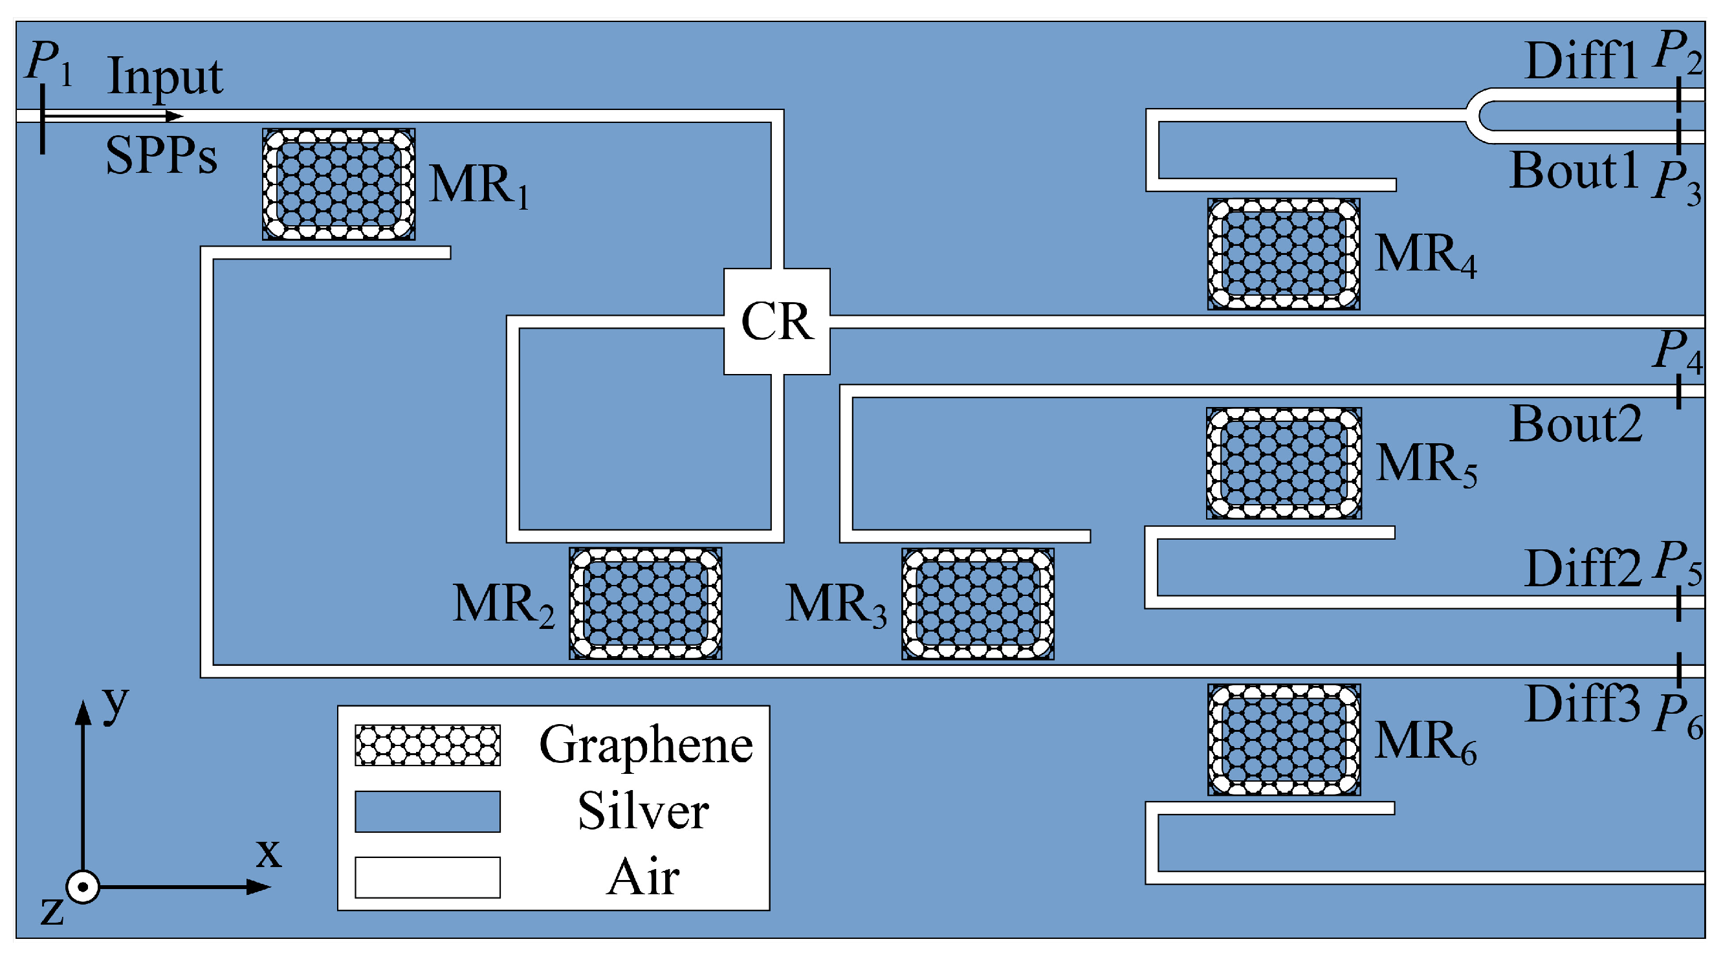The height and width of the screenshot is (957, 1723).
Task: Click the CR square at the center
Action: click(776, 321)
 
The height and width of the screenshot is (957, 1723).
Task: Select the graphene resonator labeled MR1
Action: click(338, 184)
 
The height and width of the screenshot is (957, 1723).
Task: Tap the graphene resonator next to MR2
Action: click(645, 603)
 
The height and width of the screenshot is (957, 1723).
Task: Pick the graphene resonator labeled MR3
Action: click(977, 603)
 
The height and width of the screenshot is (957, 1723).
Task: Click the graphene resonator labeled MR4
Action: click(1283, 254)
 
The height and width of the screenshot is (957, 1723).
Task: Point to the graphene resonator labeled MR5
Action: click(1283, 463)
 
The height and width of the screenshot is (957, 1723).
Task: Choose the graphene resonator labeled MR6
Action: click(1283, 739)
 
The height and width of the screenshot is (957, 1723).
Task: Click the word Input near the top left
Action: click(164, 77)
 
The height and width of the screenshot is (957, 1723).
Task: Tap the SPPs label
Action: click(161, 155)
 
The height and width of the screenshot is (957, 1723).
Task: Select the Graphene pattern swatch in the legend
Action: click(428, 744)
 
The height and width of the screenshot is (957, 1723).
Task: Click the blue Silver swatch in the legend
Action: click(428, 811)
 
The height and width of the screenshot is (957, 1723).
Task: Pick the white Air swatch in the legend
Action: click(428, 877)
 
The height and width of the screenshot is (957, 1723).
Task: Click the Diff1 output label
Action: click(1581, 61)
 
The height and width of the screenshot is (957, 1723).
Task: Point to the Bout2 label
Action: click(1575, 424)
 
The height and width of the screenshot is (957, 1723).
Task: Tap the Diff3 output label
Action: click(1582, 703)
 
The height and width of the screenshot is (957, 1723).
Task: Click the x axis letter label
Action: click(269, 853)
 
